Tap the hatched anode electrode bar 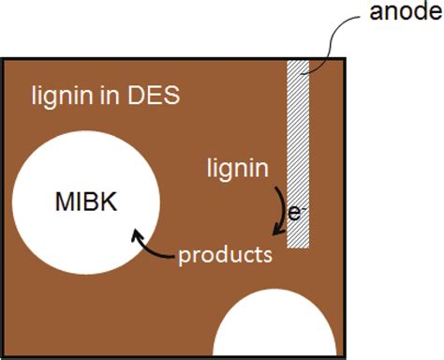pyautogui.click(x=299, y=150)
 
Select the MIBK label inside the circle pyautogui.click(x=85, y=202)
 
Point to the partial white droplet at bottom pyautogui.click(x=274, y=328)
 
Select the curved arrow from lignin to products pyautogui.click(x=279, y=211)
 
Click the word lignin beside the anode pyautogui.click(x=238, y=169)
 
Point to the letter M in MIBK pyautogui.click(x=65, y=202)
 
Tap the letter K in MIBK pyautogui.click(x=110, y=202)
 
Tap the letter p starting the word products pyautogui.click(x=185, y=256)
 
